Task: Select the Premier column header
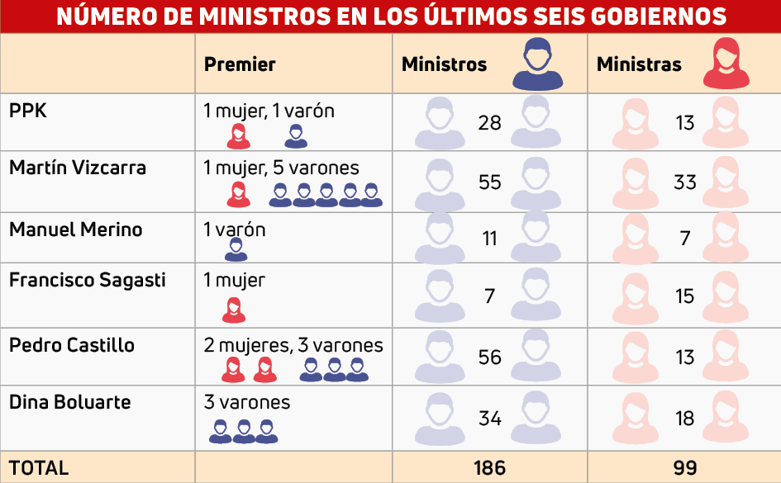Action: click(240, 64)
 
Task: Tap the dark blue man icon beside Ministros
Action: click(537, 64)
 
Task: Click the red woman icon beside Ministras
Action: click(726, 64)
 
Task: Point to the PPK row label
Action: click(28, 111)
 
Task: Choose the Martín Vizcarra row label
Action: click(78, 168)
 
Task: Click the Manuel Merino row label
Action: click(75, 230)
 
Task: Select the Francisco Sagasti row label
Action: click(87, 280)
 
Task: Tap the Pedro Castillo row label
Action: click(72, 345)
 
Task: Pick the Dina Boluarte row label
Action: click(70, 402)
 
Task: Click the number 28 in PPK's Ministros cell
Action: click(489, 123)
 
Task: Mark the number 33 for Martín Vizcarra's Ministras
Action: click(684, 182)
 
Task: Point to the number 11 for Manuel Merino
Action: click(489, 239)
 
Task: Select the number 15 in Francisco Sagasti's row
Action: click(684, 296)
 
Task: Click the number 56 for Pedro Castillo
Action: click(489, 357)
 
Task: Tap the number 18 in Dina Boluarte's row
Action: click(684, 418)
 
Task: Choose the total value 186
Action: click(489, 468)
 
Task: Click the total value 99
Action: click(684, 468)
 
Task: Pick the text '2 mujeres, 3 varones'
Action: click(293, 345)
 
